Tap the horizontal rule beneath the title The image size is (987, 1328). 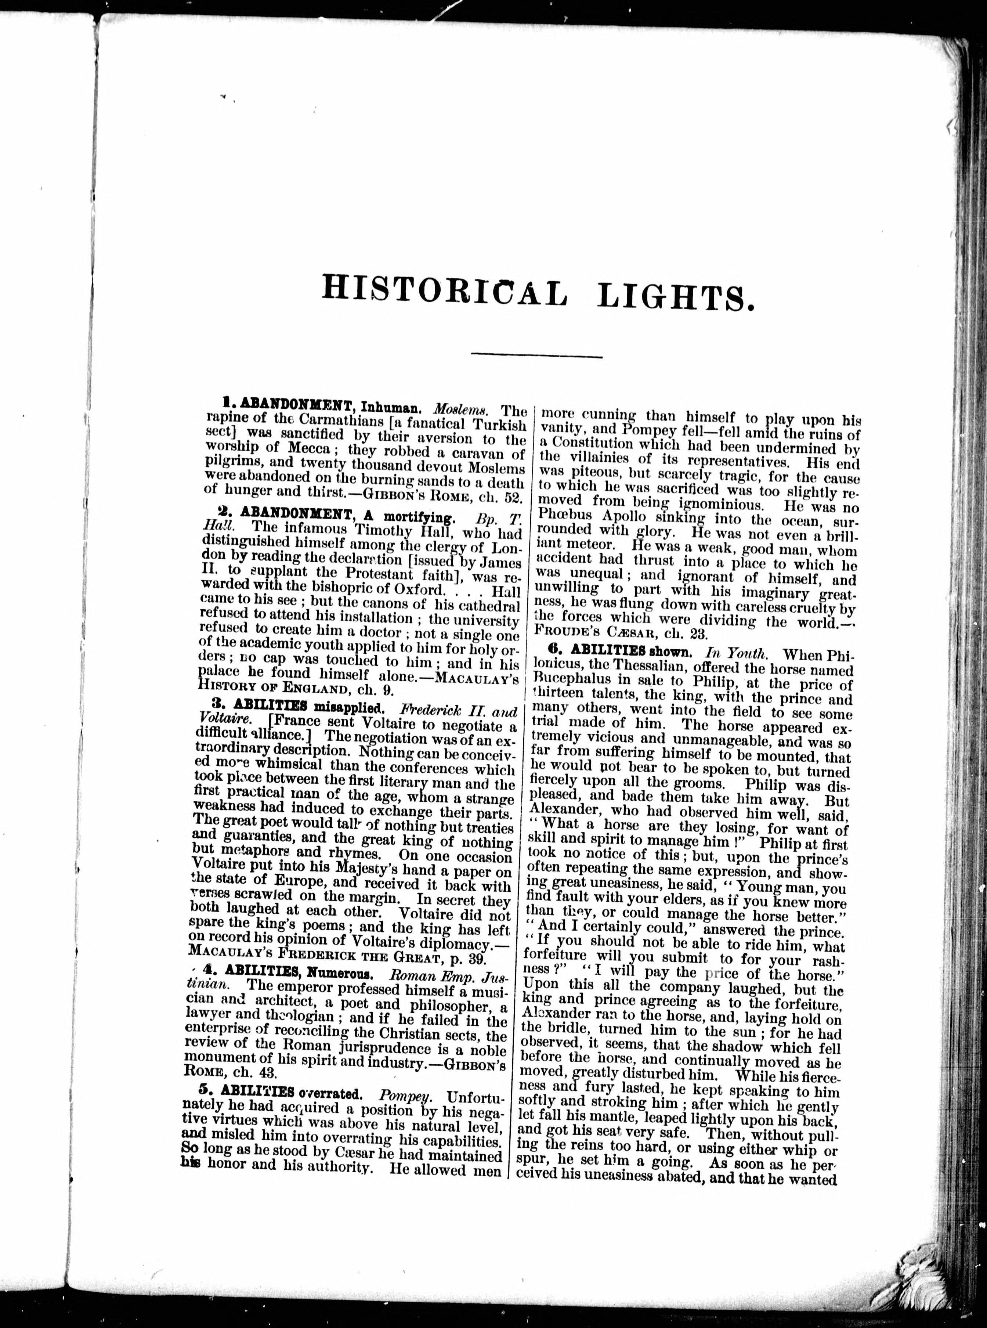(536, 357)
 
